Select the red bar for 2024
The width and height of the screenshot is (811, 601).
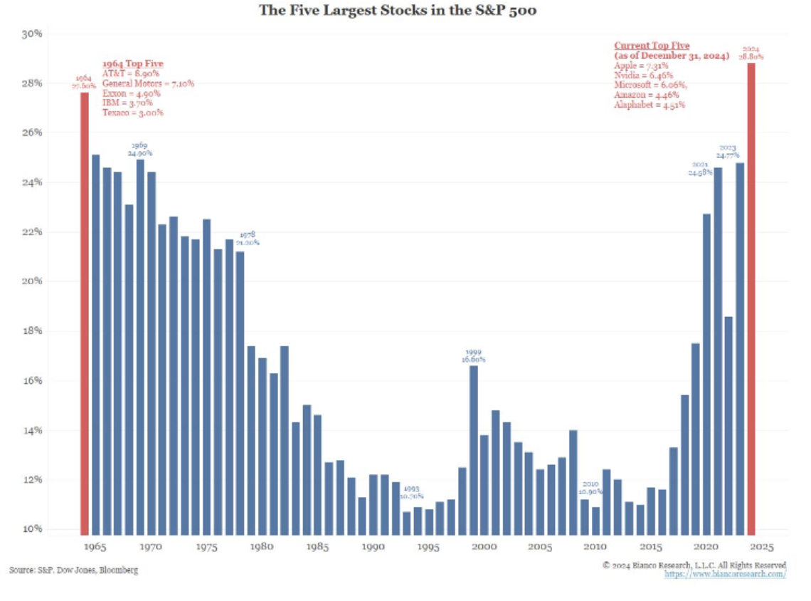click(x=751, y=299)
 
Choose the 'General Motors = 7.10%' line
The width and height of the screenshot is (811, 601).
click(x=148, y=83)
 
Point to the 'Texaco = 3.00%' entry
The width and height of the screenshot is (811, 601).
click(x=133, y=113)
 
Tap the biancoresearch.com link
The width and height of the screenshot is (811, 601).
click(x=725, y=574)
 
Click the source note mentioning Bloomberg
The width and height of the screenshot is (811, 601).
click(x=74, y=570)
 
